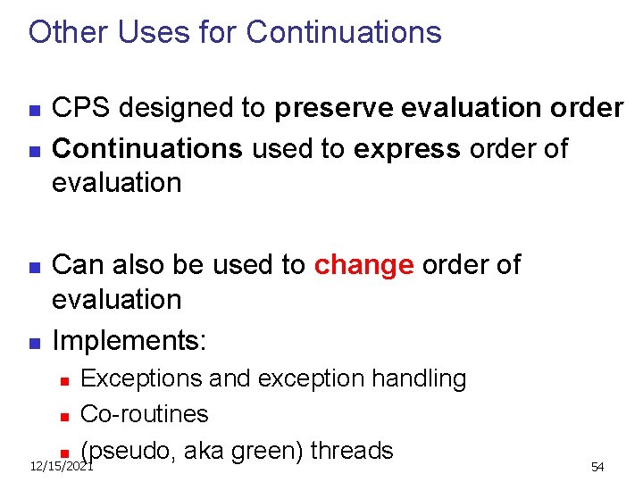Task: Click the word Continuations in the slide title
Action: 343,32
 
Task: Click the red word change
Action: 363,265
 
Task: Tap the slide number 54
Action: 597,468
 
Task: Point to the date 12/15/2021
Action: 61,467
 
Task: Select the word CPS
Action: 79,108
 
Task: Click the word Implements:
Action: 129,340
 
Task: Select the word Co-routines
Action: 144,414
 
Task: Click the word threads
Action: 351,451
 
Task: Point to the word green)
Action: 269,451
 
